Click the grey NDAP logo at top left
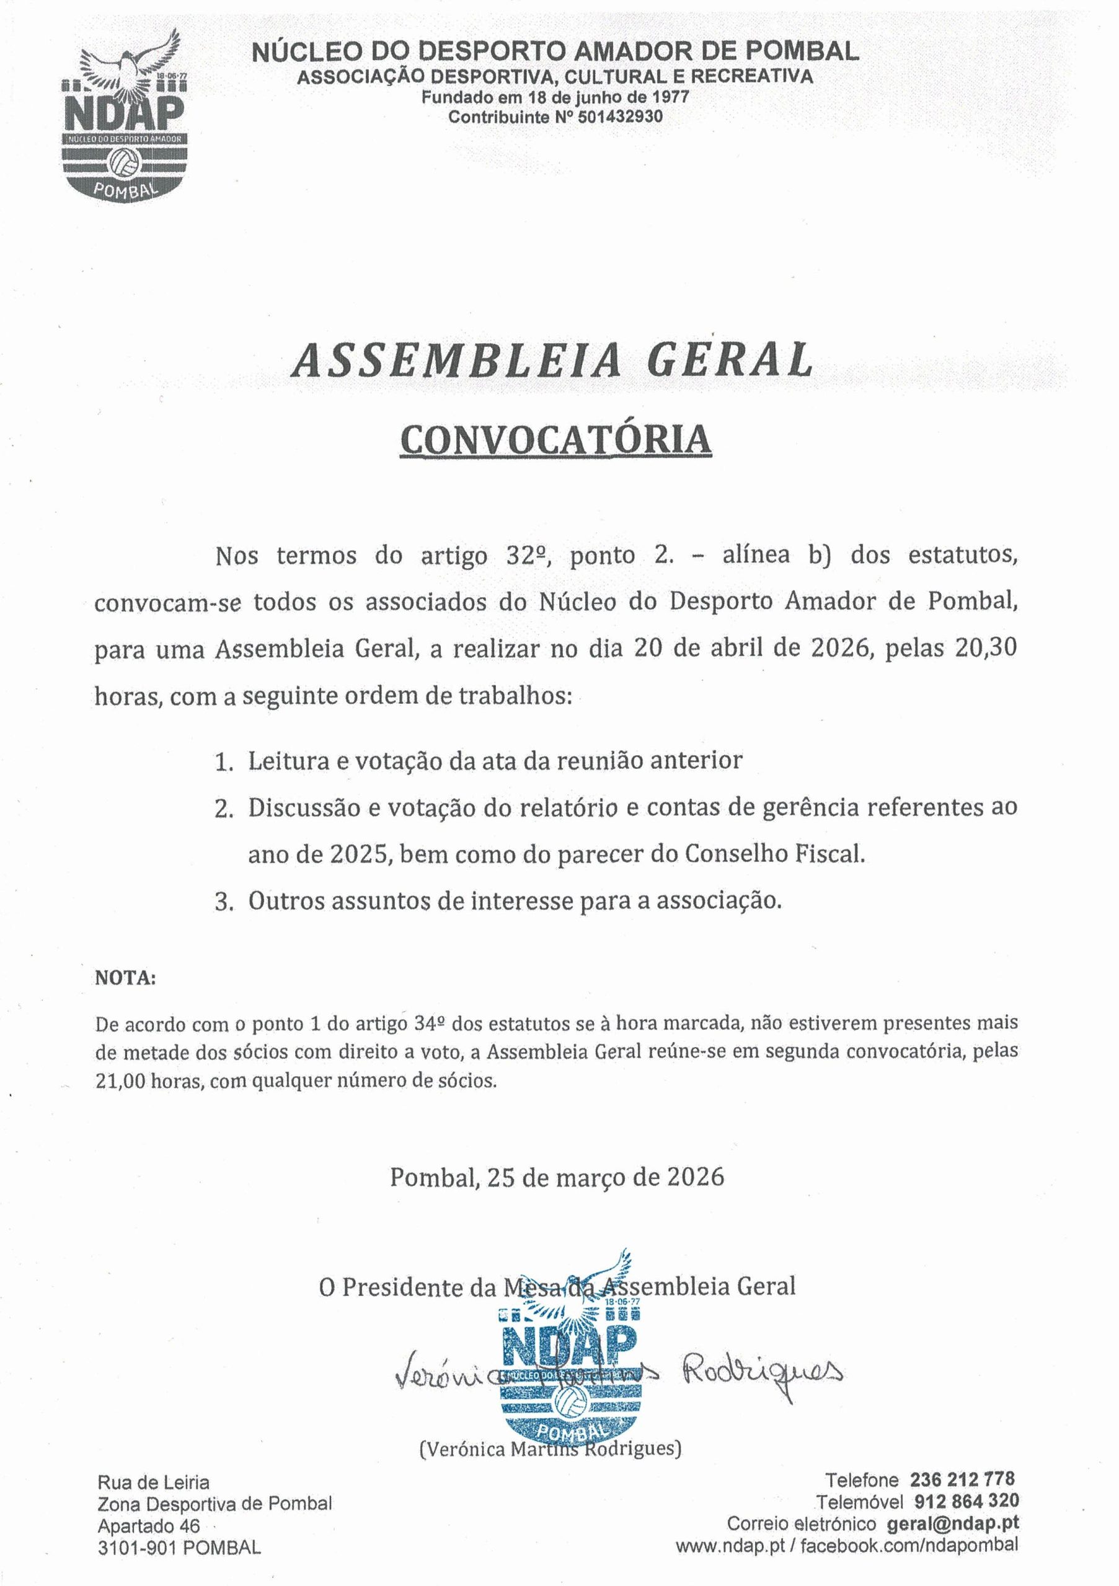pos(125,119)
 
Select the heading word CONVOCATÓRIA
pos(555,440)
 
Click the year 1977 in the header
pos(670,97)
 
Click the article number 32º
pos(528,556)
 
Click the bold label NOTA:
pos(125,978)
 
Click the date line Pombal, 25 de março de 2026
pos(557,1177)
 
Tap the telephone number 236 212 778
pos(962,1479)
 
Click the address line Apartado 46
pos(149,1525)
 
